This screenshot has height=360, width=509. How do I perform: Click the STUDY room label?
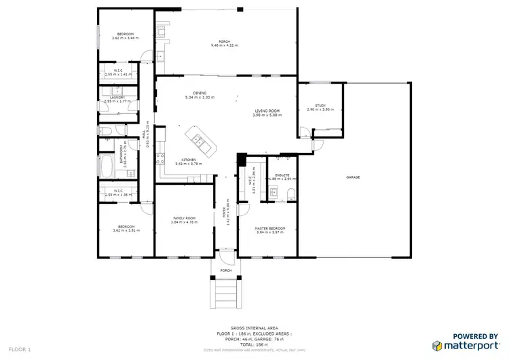coord(320,105)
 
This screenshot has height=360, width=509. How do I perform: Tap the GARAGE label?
coord(353,177)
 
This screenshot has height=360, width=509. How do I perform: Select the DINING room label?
coord(200,93)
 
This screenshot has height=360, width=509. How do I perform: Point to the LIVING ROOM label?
coord(267,111)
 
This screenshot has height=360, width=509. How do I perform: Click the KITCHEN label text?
coord(188,160)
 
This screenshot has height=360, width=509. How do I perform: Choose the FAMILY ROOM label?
coord(183,218)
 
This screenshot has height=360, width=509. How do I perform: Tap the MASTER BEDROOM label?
coord(270,228)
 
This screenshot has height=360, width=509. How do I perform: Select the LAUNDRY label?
coord(118,98)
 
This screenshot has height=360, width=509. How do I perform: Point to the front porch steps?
coord(226,294)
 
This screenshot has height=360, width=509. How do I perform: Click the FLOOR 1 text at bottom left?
coord(19,348)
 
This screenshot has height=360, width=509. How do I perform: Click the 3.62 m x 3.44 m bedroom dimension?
coord(125,39)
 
